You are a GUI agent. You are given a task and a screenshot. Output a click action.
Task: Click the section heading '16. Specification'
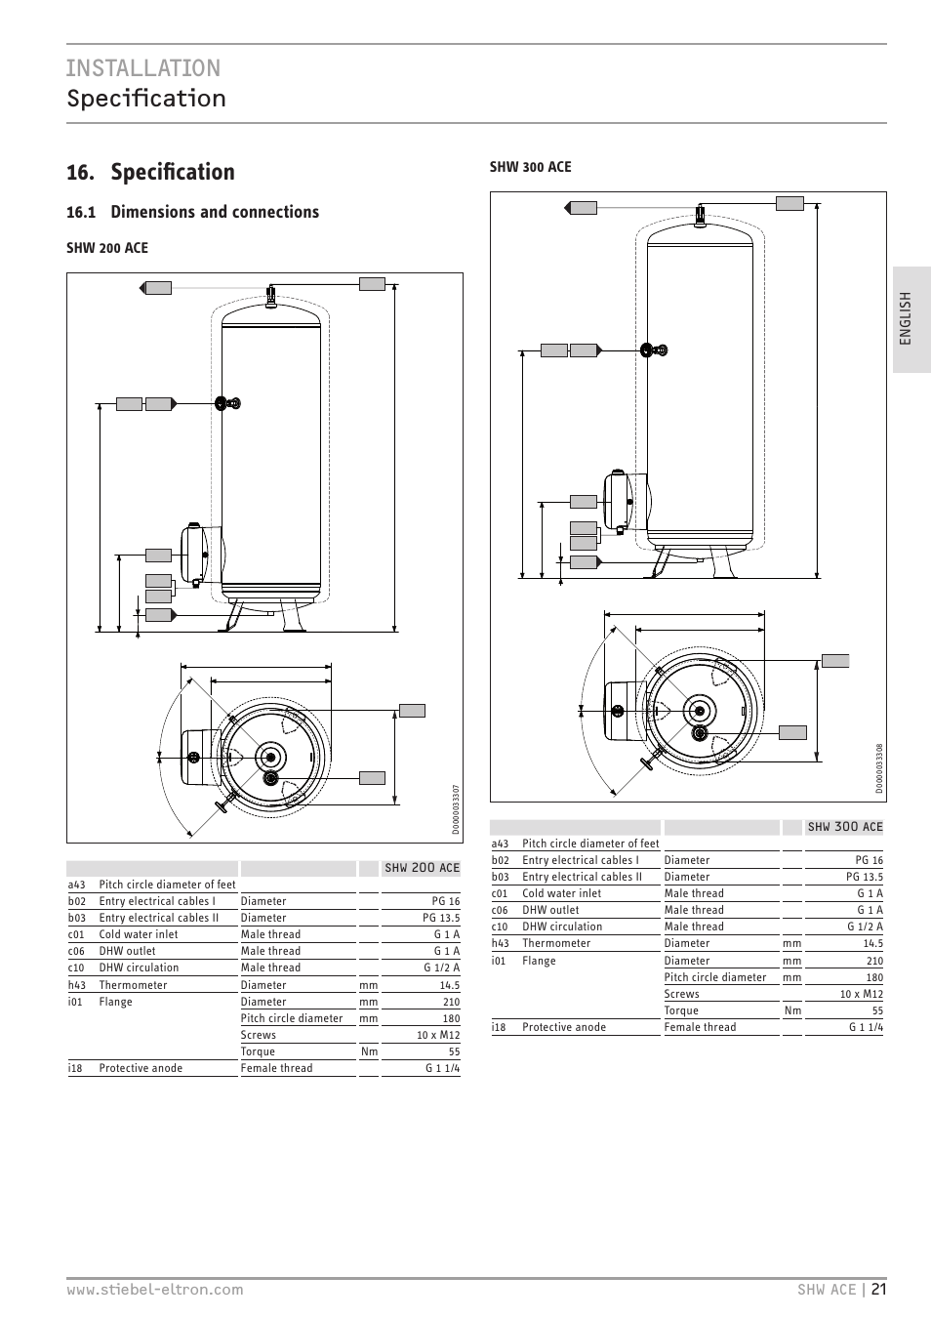point(150,172)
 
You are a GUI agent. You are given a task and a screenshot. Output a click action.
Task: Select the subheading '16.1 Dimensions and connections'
point(192,212)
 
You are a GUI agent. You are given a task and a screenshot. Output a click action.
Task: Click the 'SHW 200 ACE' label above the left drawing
point(107,248)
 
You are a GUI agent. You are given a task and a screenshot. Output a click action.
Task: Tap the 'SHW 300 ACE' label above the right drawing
point(530,167)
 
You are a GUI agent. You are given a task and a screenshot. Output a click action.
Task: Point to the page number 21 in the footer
point(879,1289)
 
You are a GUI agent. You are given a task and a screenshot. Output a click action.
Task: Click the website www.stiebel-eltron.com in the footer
point(154,1290)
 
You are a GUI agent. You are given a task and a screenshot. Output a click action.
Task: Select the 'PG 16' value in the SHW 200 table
point(446,901)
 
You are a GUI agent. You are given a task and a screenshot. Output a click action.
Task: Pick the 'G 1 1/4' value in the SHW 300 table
point(866,1027)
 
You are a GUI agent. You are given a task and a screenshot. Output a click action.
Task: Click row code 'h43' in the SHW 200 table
point(77,985)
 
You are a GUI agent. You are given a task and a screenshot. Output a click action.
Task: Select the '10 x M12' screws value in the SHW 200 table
point(438,1035)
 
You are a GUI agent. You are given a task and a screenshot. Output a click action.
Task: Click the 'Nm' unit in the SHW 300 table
point(792,1010)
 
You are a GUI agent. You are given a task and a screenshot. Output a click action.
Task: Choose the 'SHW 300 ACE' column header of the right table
point(845,827)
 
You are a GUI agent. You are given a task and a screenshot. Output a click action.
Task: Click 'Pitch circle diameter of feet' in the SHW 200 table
point(167,885)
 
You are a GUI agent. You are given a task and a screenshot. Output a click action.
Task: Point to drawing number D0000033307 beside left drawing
point(456,809)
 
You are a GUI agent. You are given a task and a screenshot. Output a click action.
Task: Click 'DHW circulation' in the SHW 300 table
point(562,927)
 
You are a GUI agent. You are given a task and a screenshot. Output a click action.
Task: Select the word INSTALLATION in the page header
point(143,67)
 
